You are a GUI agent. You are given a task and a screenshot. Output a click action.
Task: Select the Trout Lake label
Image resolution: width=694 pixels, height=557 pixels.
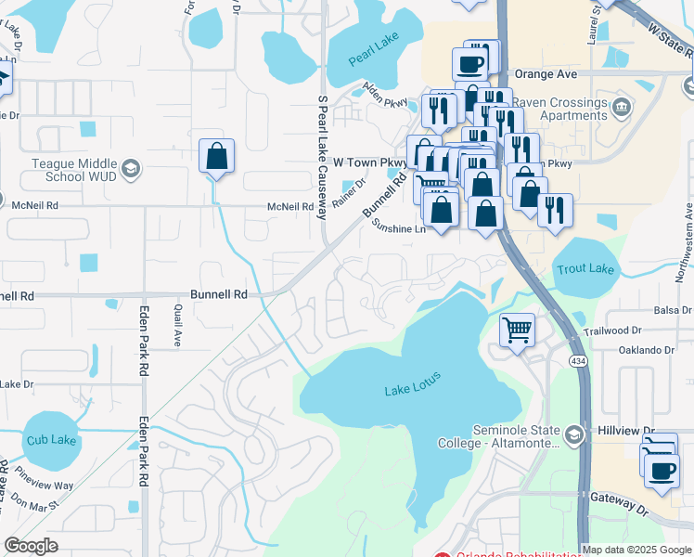585,269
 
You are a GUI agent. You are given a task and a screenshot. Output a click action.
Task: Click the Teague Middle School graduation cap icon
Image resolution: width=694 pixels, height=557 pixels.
130,169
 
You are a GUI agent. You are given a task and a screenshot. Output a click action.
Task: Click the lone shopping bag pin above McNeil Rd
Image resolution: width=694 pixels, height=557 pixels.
216,158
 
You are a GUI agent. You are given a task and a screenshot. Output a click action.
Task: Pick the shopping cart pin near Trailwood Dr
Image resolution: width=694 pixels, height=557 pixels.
517,330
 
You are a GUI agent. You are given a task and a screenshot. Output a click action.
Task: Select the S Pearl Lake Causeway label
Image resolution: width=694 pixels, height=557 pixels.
323,156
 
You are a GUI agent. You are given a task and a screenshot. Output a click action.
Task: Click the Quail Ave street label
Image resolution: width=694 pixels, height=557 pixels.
176,328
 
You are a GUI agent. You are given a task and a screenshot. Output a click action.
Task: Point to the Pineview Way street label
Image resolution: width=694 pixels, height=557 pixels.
49,485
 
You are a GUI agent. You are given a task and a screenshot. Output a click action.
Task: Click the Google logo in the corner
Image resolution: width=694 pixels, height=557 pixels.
32,545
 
